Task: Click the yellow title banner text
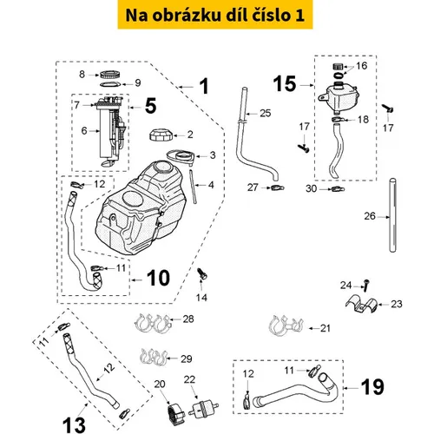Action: tap(215, 15)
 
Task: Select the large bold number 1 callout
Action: tap(204, 86)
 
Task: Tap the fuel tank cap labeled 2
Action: tap(161, 135)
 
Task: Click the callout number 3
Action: tap(213, 155)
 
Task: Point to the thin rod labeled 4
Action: tap(193, 187)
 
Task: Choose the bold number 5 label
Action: tap(150, 106)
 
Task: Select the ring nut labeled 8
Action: tap(110, 75)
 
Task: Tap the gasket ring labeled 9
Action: tap(110, 84)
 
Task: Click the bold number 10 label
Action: tap(158, 278)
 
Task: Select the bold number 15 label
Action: tap(285, 84)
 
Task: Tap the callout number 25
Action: tap(266, 113)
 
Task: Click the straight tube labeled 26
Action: tap(392, 215)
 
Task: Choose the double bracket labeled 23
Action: tap(362, 305)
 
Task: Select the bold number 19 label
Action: tap(372, 387)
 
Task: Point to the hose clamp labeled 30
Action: tap(338, 189)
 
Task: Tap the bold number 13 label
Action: tap(74, 424)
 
